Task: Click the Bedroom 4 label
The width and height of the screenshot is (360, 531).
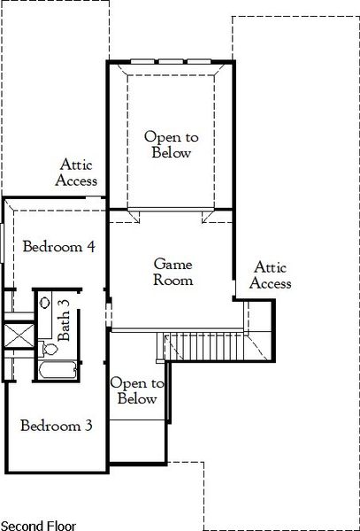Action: [59, 246]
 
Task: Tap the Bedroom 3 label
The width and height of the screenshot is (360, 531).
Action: [57, 425]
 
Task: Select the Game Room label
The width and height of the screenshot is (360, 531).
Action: [172, 272]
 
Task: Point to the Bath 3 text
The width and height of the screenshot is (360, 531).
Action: [64, 321]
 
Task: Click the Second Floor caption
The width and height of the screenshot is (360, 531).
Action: [38, 524]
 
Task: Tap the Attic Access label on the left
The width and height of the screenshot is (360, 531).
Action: [77, 173]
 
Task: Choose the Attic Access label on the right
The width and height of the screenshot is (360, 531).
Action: [270, 274]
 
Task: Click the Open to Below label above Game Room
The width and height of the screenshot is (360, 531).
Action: [169, 144]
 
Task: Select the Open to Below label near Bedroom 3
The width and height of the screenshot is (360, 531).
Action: [137, 390]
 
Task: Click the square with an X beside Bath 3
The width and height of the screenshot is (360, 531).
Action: [17, 335]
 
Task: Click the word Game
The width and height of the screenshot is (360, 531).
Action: [172, 264]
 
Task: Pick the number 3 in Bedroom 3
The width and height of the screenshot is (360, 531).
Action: [88, 425]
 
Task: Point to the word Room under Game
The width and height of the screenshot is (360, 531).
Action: [172, 281]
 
